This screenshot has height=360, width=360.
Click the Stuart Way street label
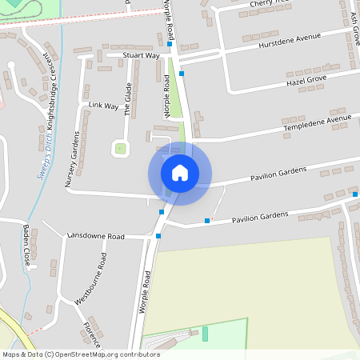(x=141, y=56)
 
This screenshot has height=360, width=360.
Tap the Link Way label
(x=102, y=105)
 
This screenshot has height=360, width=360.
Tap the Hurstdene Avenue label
(x=289, y=41)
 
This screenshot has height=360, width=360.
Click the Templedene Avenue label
(x=317, y=123)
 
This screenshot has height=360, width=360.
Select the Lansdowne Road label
(x=96, y=237)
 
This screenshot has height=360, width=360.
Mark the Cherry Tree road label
(x=266, y=4)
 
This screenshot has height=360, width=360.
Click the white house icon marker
(x=180, y=173)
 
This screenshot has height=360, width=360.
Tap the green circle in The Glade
(x=120, y=147)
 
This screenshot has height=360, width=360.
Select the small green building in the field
(x=204, y=333)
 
